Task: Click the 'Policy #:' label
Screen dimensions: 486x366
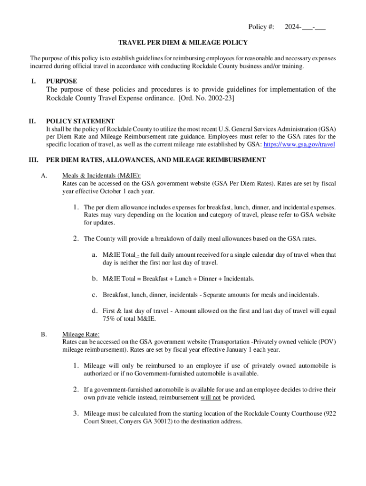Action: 261,27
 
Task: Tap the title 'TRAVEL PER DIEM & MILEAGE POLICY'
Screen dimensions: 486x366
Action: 183,43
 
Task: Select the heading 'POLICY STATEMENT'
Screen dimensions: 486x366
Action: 80,121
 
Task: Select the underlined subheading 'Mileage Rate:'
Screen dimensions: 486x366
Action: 81,334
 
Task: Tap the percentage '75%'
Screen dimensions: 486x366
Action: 110,319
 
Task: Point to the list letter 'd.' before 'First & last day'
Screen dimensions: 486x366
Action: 95,311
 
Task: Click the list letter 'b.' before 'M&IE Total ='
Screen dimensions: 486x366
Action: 95,279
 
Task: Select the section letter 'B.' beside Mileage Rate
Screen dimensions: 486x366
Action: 44,334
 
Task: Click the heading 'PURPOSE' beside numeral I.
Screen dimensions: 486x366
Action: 61,81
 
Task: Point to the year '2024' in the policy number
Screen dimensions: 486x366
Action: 292,27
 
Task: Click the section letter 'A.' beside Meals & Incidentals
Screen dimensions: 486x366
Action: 44,176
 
